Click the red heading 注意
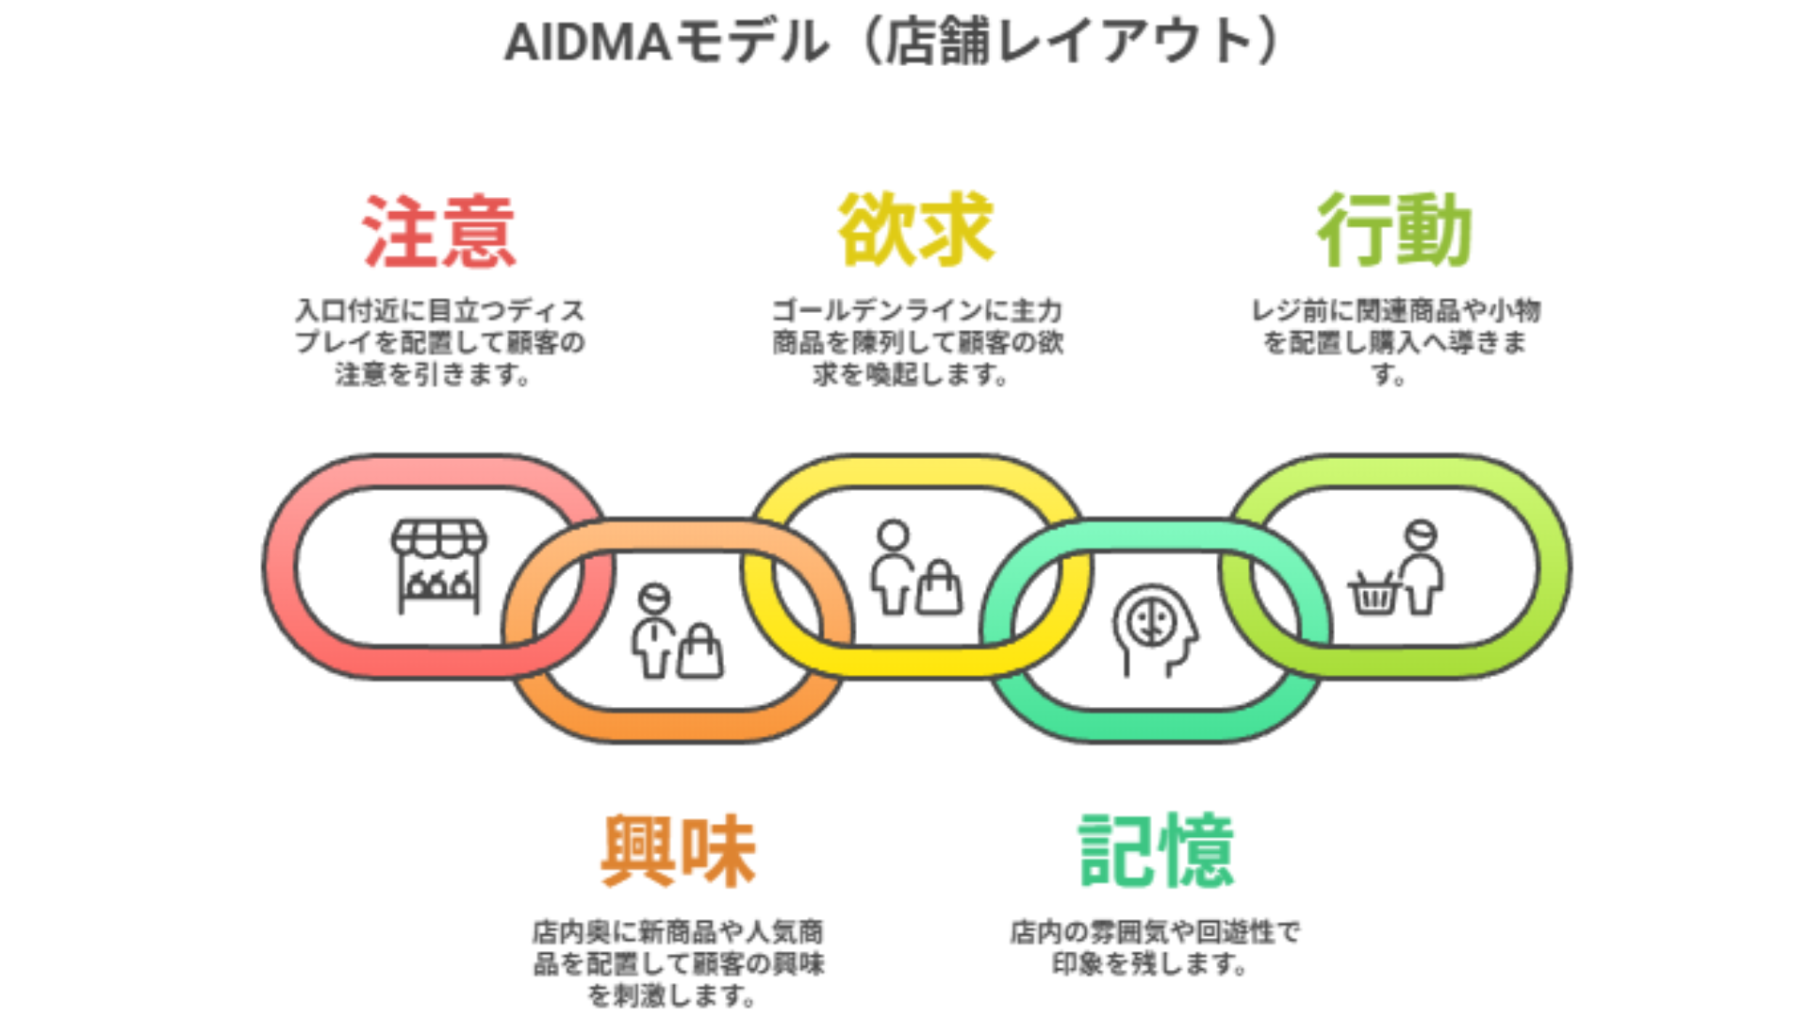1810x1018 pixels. pos(438,231)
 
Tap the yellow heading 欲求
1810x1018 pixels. pos(916,229)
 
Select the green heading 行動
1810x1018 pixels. pos(1394,229)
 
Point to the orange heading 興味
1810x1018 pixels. pos(678,851)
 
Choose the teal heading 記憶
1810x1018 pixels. pos(1156,851)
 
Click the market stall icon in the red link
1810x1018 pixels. pos(438,566)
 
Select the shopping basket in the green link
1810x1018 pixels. pos(1374,593)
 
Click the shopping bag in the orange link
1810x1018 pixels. pos(700,651)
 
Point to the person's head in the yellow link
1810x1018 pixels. pos(893,535)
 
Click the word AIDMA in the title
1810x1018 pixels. pos(586,43)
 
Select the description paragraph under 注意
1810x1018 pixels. pos(438,342)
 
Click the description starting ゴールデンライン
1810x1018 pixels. pos(916,342)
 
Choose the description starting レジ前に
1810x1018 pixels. pos(1394,342)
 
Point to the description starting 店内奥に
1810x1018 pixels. pos(678,963)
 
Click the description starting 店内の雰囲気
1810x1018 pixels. pos(1154,947)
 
